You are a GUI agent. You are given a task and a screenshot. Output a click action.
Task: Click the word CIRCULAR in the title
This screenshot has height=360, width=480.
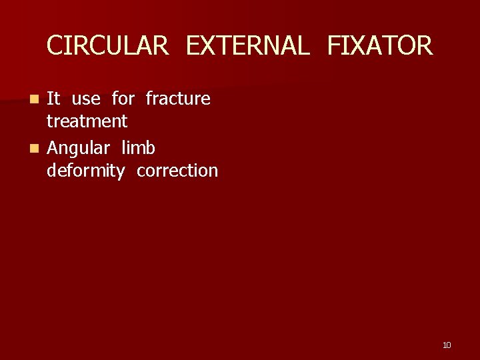[107, 46]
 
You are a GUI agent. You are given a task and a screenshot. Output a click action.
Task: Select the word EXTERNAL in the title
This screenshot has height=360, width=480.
[247, 46]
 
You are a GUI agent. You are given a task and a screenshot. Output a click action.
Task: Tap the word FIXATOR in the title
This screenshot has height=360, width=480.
[379, 46]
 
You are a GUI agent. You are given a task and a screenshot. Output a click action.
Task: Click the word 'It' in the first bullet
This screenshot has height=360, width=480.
[53, 99]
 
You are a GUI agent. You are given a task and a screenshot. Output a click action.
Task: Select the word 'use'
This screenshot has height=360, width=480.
[86, 99]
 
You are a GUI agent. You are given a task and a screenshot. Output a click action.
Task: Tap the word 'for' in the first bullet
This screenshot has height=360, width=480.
[123, 99]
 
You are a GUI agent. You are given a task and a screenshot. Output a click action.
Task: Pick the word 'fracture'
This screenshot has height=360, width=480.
[178, 99]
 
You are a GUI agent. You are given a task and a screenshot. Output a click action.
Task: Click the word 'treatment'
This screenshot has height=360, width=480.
[87, 121]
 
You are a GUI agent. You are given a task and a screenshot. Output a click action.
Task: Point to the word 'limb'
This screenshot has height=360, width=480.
[138, 147]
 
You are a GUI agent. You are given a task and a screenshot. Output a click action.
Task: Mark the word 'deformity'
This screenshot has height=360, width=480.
[85, 171]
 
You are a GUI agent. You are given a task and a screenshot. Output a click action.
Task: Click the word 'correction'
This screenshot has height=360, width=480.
[177, 171]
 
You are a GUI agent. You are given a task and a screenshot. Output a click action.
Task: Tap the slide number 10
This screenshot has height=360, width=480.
[447, 345]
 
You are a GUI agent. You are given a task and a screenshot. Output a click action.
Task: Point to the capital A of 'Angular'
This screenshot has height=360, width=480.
[53, 147]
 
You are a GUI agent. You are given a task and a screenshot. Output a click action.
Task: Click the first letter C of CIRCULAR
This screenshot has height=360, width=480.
[55, 46]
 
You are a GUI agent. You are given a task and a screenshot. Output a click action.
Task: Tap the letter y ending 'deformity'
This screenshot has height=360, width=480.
[121, 173]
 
